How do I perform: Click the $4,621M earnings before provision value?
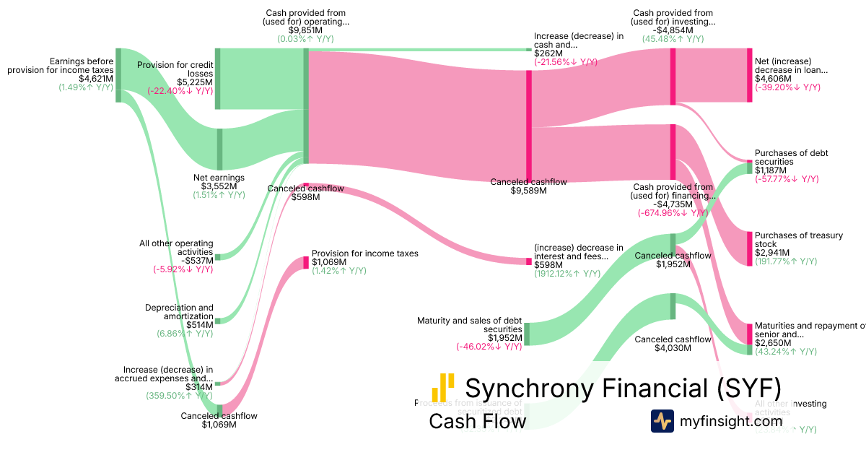[x=96, y=79]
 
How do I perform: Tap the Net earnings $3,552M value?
[x=219, y=186]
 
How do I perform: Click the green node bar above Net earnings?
[x=219, y=149]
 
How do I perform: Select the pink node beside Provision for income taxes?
[x=306, y=262]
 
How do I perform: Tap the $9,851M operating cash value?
[x=306, y=30]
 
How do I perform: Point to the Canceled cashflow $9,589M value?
[x=528, y=191]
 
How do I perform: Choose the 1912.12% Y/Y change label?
[x=567, y=274]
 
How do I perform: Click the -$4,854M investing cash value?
[x=673, y=30]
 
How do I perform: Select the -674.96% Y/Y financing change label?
[x=673, y=213]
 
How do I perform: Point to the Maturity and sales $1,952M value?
[x=505, y=337]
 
